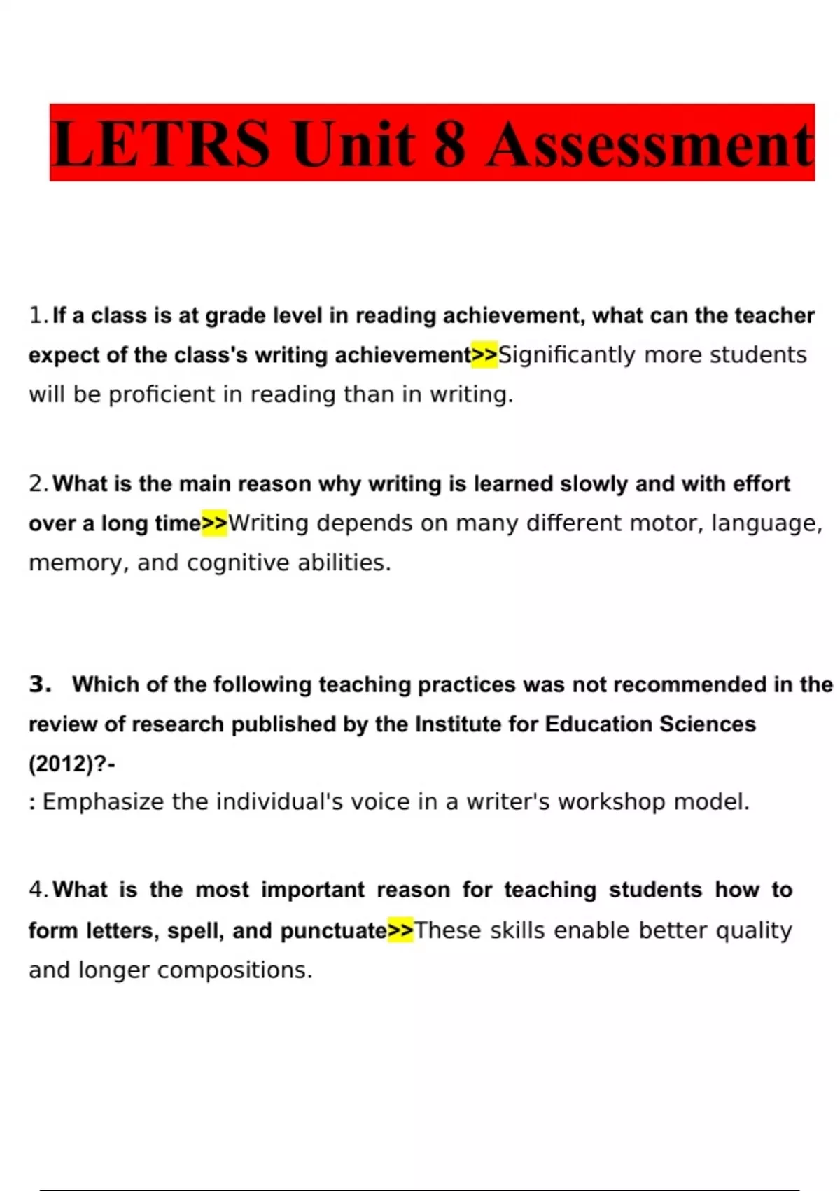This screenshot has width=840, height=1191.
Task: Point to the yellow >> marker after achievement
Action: (484, 355)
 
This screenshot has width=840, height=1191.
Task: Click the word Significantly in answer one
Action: (567, 355)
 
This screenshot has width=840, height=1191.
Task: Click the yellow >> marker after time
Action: (215, 523)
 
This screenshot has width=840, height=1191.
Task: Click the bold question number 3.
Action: (40, 684)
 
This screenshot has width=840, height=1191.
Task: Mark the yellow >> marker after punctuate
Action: (401, 930)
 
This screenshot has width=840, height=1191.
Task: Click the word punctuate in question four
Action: (333, 930)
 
